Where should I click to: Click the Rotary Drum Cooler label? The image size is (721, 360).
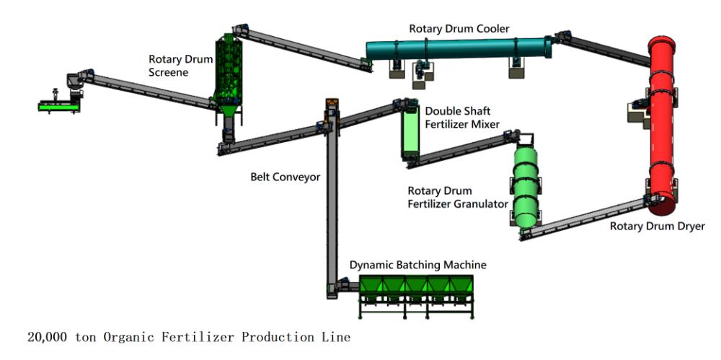(459, 29)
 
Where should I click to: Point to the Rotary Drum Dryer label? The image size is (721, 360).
(657, 226)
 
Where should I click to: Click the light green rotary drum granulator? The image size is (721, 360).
(526, 186)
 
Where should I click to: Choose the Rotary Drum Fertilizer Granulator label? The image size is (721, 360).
(458, 197)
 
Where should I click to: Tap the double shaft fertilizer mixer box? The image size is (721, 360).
(410, 131)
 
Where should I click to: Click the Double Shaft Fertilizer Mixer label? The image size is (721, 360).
(462, 118)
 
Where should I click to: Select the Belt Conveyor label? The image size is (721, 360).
(285, 176)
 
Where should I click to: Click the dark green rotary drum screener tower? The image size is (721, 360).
(229, 74)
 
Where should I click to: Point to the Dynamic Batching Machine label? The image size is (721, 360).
(417, 265)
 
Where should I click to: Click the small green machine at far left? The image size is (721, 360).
(58, 107)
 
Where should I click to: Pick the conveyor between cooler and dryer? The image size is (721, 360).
(603, 49)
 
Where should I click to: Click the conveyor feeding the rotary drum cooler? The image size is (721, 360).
(302, 48)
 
